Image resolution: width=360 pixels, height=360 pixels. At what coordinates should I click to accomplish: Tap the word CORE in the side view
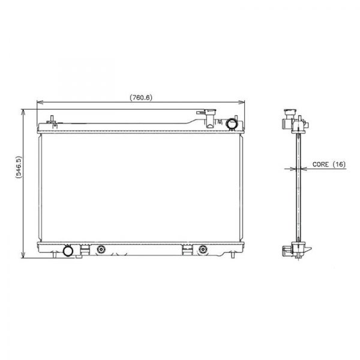point(320,163)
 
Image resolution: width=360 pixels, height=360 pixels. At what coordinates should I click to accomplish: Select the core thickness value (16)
point(339,163)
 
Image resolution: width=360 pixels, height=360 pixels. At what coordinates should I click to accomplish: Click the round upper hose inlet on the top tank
point(232,124)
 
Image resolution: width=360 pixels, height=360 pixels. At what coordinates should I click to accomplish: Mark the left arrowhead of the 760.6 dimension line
point(38,103)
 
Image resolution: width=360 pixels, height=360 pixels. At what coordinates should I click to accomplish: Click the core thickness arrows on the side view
point(295,169)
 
